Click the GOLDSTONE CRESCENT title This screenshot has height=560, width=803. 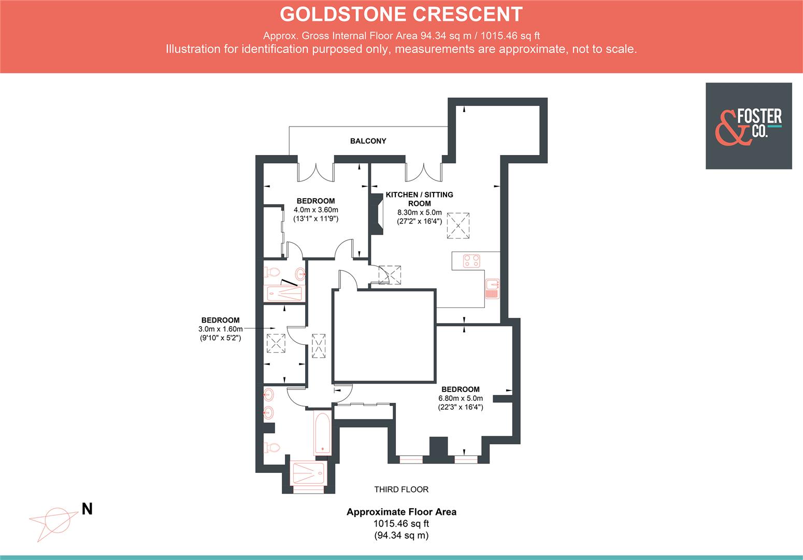click(401, 14)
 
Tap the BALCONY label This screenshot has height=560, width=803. click(368, 141)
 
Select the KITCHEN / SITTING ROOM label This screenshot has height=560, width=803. click(419, 199)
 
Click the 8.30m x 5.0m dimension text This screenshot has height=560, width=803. click(419, 212)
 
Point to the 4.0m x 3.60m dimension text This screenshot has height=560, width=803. click(316, 209)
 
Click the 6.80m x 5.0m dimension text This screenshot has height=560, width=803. click(460, 398)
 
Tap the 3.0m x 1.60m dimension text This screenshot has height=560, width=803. click(220, 329)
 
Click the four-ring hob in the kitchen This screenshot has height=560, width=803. click(471, 261)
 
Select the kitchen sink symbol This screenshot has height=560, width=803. click(492, 288)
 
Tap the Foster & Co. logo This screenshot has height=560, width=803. click(748, 126)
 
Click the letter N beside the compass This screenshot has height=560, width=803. click(87, 509)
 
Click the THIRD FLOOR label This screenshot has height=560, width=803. click(401, 489)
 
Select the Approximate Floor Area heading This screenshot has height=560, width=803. click(401, 512)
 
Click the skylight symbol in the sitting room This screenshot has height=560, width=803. click(458, 226)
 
